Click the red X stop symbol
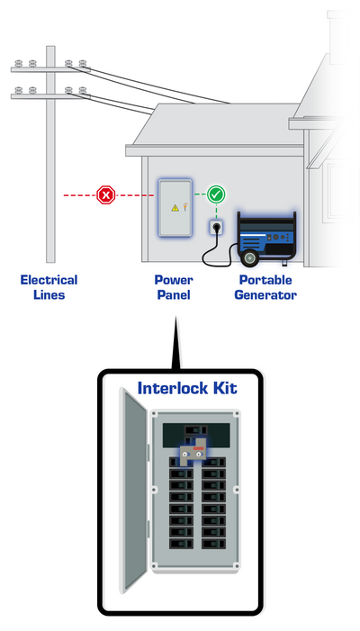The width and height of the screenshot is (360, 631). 106,195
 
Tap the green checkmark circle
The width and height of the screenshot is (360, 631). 216,194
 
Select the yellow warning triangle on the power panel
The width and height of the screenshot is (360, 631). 175,208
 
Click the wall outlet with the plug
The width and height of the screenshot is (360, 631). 216,228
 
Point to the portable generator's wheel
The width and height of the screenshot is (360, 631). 249,257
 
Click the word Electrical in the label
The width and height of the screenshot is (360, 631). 49,280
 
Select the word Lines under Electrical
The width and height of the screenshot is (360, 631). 49,295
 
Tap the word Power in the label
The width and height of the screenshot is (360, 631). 174,280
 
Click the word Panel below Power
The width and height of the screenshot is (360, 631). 174,295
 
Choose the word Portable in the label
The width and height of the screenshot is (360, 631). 265,280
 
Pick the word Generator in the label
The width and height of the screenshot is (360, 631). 265,295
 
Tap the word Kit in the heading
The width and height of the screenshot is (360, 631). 223,388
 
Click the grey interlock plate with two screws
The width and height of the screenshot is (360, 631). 193,455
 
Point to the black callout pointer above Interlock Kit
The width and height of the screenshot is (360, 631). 175,343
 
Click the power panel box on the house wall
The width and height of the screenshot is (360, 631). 175,208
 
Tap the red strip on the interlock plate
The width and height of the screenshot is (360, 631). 199,448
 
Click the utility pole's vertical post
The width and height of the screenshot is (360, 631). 50,154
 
